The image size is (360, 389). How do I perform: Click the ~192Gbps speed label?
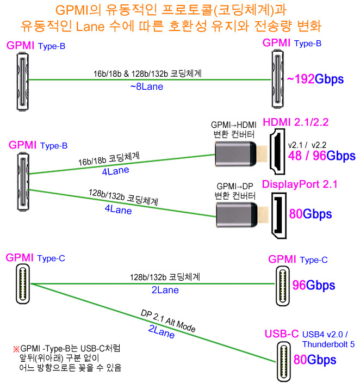point(315,79)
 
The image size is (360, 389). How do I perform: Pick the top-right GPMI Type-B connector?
point(278,79)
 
